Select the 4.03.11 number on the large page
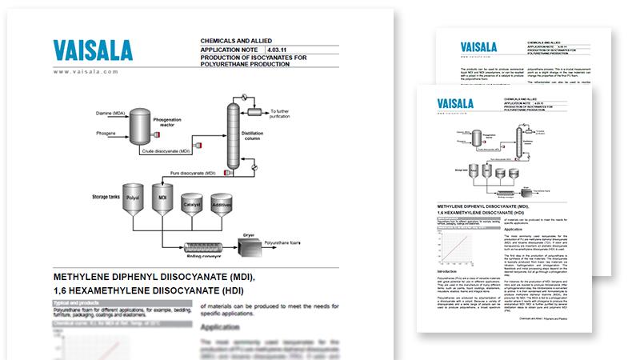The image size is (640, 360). (x=278, y=48)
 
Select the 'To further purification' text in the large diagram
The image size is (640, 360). (x=286, y=114)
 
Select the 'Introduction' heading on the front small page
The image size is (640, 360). (x=446, y=271)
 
